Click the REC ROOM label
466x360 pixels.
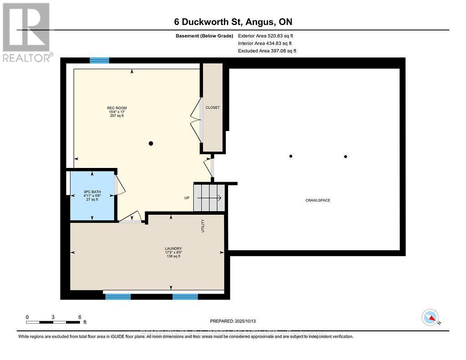(114, 108)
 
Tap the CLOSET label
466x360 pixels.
(213, 107)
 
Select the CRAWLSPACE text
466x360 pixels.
(318, 200)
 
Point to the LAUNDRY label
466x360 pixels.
(173, 248)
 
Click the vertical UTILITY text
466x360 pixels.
(203, 226)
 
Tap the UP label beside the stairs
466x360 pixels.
(187, 198)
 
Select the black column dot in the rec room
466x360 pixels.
(151, 143)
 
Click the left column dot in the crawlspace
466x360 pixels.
(291, 156)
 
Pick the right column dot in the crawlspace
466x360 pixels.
(345, 157)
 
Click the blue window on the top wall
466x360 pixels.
(99, 61)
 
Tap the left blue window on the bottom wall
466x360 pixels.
(118, 297)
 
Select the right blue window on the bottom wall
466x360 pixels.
(185, 297)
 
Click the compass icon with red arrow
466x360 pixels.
(430, 317)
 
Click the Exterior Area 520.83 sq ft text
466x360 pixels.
(267, 35)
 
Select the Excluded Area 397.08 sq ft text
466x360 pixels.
(267, 51)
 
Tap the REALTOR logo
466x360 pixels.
(26, 32)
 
